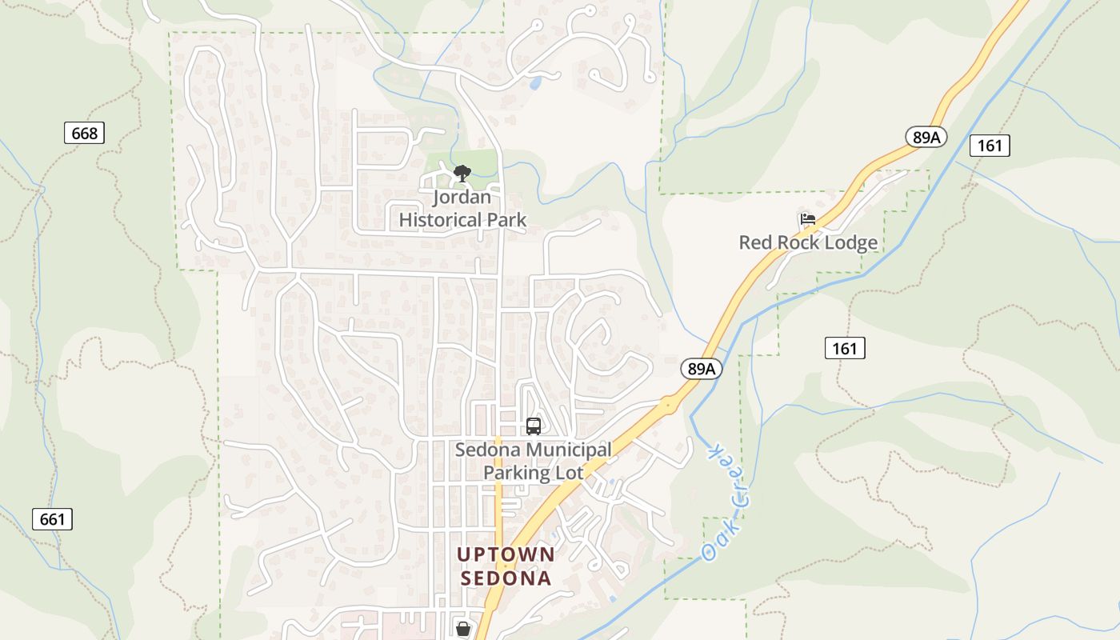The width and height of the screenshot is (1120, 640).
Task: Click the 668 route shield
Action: pyautogui.click(x=84, y=133)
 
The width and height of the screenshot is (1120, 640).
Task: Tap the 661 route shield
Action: pyautogui.click(x=52, y=518)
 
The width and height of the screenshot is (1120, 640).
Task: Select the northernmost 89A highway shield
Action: pyautogui.click(x=926, y=137)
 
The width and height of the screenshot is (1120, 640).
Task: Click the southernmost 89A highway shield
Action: pyautogui.click(x=702, y=368)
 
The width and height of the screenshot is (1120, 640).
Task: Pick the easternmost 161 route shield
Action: pyautogui.click(x=990, y=145)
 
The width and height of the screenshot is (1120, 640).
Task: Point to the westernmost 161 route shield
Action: pyautogui.click(x=844, y=347)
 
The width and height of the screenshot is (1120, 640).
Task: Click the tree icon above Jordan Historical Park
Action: pyautogui.click(x=462, y=173)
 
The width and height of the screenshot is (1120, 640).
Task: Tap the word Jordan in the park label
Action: pyautogui.click(x=462, y=197)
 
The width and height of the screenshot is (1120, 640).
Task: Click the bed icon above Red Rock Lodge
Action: pyautogui.click(x=807, y=219)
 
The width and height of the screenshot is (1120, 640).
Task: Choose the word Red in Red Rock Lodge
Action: pyautogui.click(x=754, y=242)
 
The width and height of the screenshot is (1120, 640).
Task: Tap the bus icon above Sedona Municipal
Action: pyautogui.click(x=534, y=426)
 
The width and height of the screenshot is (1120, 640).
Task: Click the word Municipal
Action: pyautogui.click(x=569, y=450)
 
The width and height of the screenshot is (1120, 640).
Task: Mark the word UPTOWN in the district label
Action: pyautogui.click(x=506, y=554)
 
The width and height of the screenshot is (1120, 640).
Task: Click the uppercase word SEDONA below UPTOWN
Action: pyautogui.click(x=506, y=578)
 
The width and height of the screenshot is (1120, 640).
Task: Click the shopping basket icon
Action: pyautogui.click(x=462, y=629)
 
